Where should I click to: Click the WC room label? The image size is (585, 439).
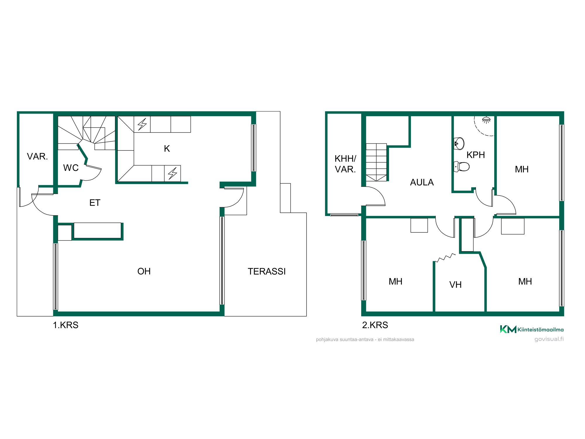click(x=71, y=168)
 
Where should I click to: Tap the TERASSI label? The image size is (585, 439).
click(x=266, y=271)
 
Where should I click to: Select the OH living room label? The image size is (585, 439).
click(x=144, y=271)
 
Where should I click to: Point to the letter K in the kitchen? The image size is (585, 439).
click(x=167, y=149)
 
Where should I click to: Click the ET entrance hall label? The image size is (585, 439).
click(x=95, y=203)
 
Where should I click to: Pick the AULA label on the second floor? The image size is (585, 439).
click(x=422, y=182)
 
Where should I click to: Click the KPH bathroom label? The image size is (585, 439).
click(x=476, y=155)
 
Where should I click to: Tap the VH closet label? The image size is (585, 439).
click(x=455, y=285)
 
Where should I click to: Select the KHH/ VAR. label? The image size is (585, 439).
click(x=345, y=164)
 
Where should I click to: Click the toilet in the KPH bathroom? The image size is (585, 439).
click(x=462, y=167)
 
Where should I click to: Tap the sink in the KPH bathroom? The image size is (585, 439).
click(x=459, y=143)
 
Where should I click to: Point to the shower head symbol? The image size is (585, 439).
click(x=486, y=120)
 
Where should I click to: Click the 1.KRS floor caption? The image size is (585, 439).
click(x=66, y=325)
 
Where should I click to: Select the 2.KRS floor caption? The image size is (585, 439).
click(x=375, y=325)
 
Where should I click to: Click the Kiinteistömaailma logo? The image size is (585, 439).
click(x=532, y=330)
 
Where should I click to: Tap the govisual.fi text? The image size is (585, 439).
click(x=549, y=339)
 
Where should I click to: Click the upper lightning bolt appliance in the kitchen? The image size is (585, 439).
click(x=142, y=124)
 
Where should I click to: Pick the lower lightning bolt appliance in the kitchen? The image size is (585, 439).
click(x=173, y=173)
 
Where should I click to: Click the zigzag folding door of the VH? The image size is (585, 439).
click(x=445, y=258)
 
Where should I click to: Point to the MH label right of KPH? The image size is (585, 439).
click(x=522, y=169)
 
